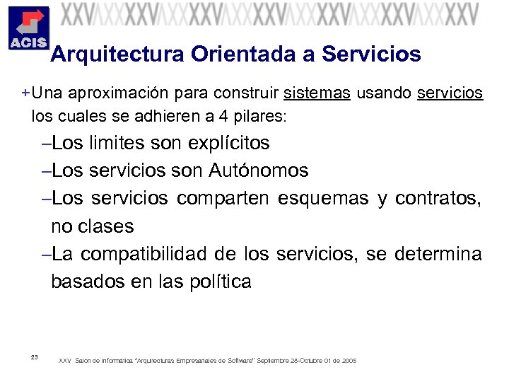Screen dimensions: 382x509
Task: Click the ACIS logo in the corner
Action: click(27, 29)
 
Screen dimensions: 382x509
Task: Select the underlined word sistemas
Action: click(317, 93)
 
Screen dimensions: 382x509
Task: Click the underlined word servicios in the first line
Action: click(450, 93)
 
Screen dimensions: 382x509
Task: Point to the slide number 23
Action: click(34, 356)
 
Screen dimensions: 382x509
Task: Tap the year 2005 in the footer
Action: click(349, 361)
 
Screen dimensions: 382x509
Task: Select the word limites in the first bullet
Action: click(117, 144)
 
